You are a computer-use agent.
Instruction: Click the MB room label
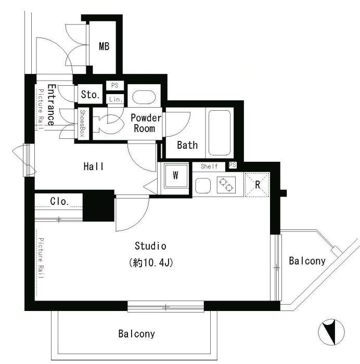click(x=104, y=46)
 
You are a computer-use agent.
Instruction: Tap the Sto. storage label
click(x=90, y=95)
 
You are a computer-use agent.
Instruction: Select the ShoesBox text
click(x=82, y=123)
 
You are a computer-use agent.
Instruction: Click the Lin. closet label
click(x=115, y=100)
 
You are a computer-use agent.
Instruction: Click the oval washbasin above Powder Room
click(x=144, y=97)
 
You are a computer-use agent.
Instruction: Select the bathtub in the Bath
click(x=219, y=133)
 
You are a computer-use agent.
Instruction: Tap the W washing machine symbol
click(x=176, y=176)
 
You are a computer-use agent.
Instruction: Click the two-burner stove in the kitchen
click(x=226, y=185)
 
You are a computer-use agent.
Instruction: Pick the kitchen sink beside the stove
click(x=203, y=185)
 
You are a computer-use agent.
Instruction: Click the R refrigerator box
click(x=257, y=185)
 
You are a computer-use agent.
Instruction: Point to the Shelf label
click(x=209, y=166)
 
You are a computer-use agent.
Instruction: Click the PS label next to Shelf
click(x=233, y=165)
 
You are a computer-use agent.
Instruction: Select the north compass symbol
click(x=331, y=332)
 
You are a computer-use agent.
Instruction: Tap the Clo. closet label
click(x=60, y=201)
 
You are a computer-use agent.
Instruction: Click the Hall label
click(x=94, y=166)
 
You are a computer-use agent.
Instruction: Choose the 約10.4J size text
click(x=151, y=263)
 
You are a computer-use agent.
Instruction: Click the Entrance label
click(x=52, y=105)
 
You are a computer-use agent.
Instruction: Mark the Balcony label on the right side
click(x=307, y=261)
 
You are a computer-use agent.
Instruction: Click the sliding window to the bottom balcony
click(x=165, y=307)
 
